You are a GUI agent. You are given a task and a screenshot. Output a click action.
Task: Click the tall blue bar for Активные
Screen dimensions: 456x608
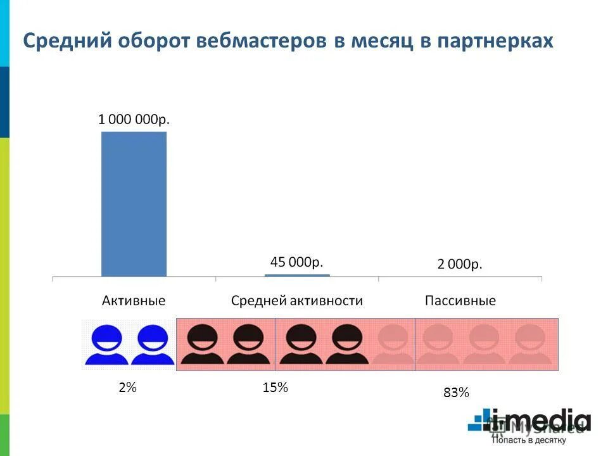pyautogui.click(x=134, y=204)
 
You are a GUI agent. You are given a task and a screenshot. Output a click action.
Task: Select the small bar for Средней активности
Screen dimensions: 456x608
pyautogui.click(x=297, y=275)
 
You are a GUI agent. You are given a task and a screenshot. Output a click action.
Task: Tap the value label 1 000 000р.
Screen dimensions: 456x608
pyautogui.click(x=134, y=119)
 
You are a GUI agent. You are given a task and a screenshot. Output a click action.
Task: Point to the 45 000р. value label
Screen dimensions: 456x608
pyautogui.click(x=297, y=262)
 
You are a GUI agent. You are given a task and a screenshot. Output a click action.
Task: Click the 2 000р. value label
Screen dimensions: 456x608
pyautogui.click(x=460, y=265)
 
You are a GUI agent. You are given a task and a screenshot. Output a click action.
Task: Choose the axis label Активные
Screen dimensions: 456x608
pyautogui.click(x=134, y=301)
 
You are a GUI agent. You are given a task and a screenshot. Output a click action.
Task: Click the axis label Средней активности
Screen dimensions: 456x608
pyautogui.click(x=297, y=301)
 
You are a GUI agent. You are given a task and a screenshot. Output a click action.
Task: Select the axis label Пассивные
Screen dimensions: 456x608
pyautogui.click(x=460, y=301)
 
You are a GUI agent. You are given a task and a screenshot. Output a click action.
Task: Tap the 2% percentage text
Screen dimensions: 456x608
pyautogui.click(x=127, y=387)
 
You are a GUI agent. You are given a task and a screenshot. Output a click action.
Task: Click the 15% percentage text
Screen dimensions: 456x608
pyautogui.click(x=275, y=387)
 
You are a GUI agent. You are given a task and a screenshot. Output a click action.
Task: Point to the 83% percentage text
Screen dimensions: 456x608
pyautogui.click(x=456, y=393)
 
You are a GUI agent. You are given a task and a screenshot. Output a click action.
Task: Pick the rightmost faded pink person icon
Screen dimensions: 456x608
pyautogui.click(x=531, y=345)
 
